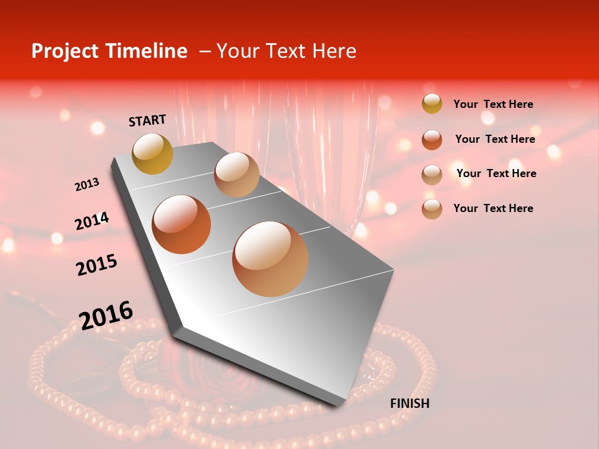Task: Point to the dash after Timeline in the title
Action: click(x=204, y=52)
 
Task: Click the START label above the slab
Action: click(x=147, y=120)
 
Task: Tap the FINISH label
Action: click(x=409, y=403)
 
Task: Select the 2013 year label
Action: click(x=87, y=185)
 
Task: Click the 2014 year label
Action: click(x=92, y=221)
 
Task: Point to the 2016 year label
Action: click(x=106, y=316)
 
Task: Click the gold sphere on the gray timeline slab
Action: click(x=152, y=153)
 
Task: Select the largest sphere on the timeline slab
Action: click(x=270, y=259)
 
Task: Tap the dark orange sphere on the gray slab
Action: click(x=182, y=224)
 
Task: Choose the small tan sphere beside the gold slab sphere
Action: click(x=236, y=175)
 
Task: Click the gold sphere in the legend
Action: click(x=432, y=104)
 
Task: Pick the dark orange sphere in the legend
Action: click(x=432, y=139)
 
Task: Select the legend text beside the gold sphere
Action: click(x=493, y=104)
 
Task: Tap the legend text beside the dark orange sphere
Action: click(x=495, y=139)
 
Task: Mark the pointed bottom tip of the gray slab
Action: click(x=338, y=405)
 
